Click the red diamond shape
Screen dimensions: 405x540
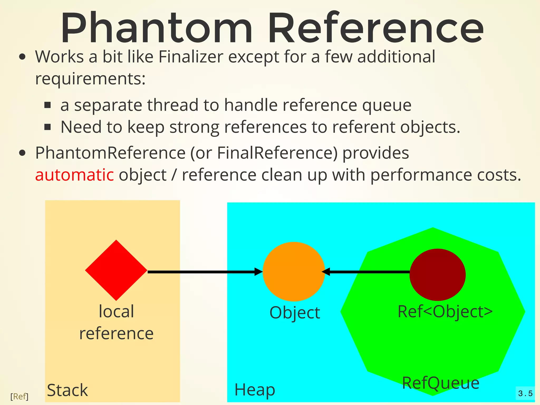116,270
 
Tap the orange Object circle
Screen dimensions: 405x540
294,272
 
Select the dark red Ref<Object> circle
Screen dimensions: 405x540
437,274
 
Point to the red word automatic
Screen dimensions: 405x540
75,175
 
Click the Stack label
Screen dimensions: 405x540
67,390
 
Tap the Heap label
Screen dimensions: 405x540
255,390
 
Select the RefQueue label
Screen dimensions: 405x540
441,383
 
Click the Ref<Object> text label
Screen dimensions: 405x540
445,311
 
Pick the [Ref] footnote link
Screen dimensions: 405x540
19,396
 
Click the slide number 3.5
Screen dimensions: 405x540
525,394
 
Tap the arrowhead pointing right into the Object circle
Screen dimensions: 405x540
258,272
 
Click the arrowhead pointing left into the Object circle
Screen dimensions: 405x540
326,272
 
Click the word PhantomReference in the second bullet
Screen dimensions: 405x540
110,153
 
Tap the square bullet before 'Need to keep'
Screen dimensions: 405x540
47,127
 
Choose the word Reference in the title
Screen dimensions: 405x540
376,28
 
